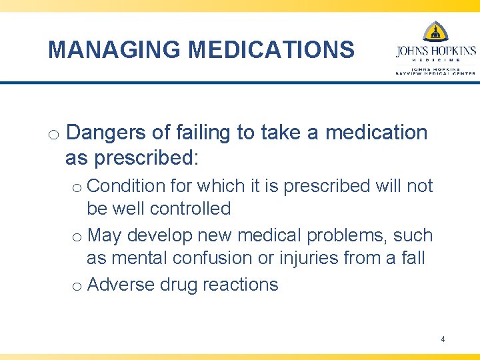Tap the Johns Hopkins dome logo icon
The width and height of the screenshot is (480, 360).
[436, 31]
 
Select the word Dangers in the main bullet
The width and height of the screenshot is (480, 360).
[107, 133]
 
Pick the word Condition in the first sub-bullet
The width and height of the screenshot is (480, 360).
[127, 186]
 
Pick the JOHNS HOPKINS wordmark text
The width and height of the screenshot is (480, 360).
[436, 51]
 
